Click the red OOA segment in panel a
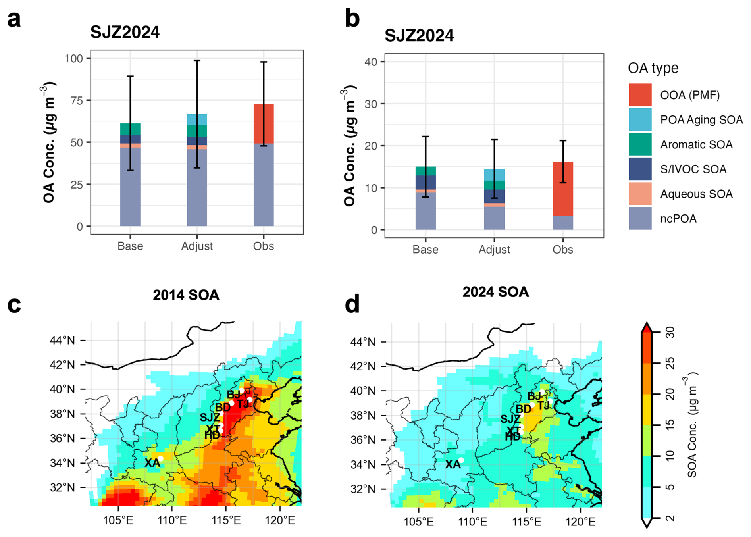pos(264,123)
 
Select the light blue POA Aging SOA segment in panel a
pos(197,119)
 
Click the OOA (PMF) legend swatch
pos(640,95)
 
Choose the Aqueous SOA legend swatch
pos(640,194)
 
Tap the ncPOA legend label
pos(678,219)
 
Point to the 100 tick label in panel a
pos(74,59)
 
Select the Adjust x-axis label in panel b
pos(494,250)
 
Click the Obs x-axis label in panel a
pos(264,246)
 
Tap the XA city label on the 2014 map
pos(152,463)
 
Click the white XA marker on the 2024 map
pos(461,460)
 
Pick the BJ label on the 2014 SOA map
pos(233,395)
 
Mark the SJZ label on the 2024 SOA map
pos(510,419)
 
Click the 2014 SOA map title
pos(186,295)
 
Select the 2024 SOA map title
pos(495,292)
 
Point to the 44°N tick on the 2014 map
pos(62,340)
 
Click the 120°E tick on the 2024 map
pos(580,522)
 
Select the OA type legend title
pos(653,68)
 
